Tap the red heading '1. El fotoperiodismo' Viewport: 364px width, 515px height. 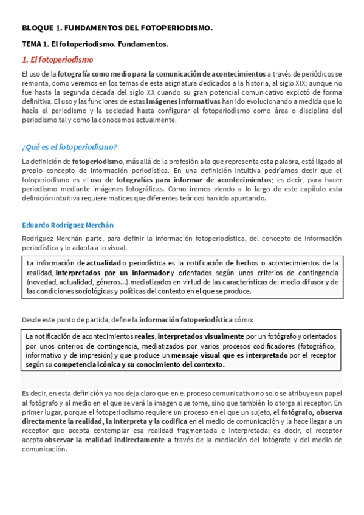coord(57,60)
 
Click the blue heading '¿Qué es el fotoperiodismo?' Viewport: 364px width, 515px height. coord(69,147)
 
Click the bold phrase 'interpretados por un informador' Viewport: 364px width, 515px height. coord(112,273)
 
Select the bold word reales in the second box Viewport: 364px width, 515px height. coord(145,336)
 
